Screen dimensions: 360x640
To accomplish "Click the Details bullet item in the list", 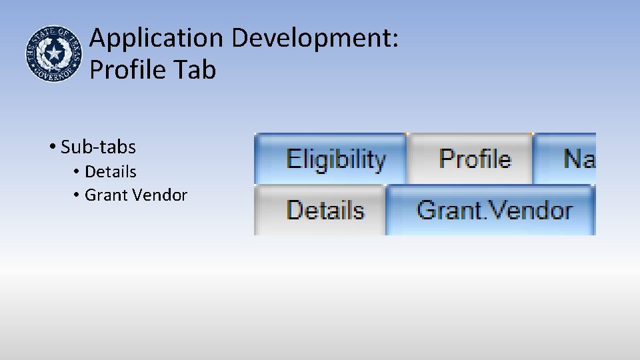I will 111,172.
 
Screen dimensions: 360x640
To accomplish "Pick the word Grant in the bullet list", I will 107,195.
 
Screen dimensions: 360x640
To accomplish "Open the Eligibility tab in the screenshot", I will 335,159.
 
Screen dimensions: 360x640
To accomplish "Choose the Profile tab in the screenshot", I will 475,159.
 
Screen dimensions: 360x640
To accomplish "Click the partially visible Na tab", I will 577,159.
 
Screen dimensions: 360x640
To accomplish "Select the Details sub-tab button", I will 325,210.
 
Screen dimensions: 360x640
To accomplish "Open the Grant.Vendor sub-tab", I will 494,210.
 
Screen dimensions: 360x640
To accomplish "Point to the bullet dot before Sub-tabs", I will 51,146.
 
